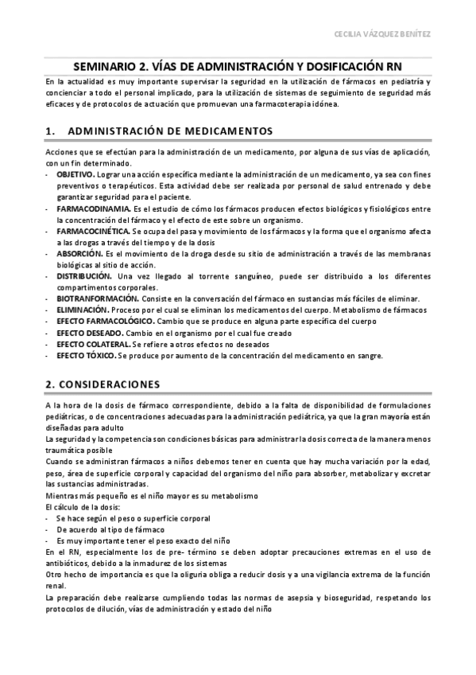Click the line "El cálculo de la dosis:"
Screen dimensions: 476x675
pos(83,506)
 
